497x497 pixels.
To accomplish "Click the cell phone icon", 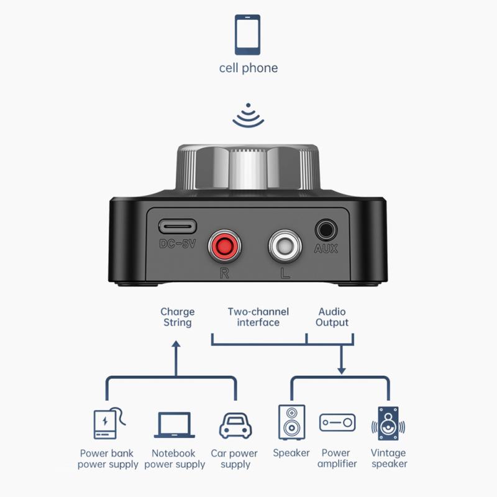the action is tap(248, 34).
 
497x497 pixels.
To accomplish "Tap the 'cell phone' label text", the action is tap(248, 68).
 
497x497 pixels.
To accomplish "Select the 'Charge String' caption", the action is tap(178, 317).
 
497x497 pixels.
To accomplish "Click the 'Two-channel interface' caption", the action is tap(253, 317).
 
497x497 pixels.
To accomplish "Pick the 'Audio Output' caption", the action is tap(332, 317).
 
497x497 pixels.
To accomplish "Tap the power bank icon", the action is tap(107, 424).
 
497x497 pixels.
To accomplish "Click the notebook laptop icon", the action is tap(175, 426).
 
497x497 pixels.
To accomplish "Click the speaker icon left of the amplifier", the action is tap(291, 422).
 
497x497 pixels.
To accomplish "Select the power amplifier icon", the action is tap(337, 423).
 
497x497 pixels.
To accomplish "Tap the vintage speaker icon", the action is tap(388, 424).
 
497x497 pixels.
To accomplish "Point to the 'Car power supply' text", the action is tap(234, 458).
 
